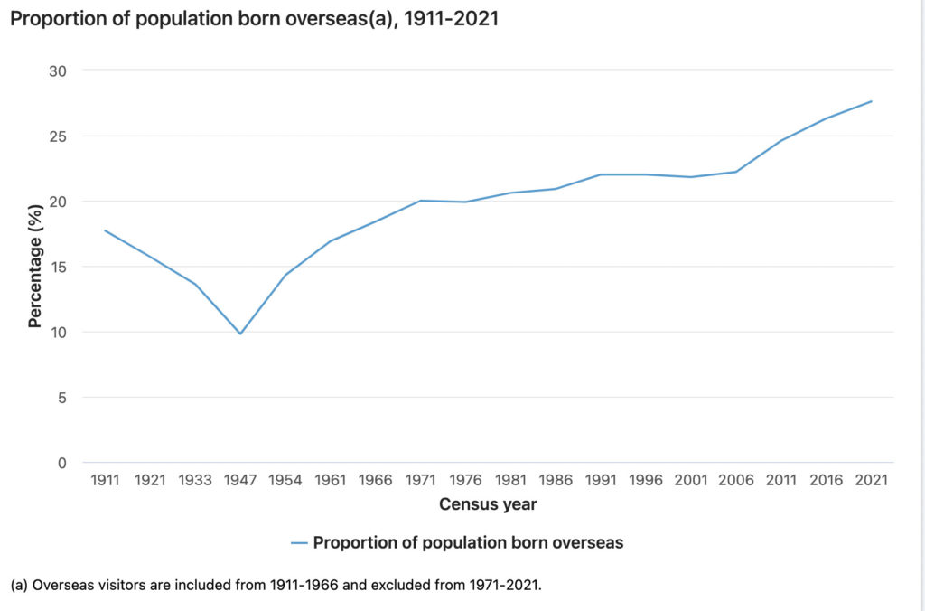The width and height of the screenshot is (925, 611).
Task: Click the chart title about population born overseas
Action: pos(254,18)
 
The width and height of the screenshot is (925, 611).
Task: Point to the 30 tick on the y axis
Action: pos(62,70)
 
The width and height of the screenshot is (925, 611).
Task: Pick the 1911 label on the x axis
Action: pos(106,481)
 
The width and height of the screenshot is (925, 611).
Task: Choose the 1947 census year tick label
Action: pos(240,481)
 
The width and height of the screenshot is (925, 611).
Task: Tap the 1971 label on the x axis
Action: pos(421,481)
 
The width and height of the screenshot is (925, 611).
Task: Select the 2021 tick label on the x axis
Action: pos(871,481)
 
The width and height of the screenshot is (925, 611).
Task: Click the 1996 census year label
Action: pos(646,481)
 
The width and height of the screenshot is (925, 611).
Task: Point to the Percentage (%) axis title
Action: pos(35,267)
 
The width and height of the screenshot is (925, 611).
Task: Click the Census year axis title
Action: pos(488,504)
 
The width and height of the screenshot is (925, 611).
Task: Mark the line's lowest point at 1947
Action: pos(240,334)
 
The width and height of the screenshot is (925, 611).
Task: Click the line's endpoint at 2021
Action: pos(871,101)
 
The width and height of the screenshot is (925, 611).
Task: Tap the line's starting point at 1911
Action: pos(106,230)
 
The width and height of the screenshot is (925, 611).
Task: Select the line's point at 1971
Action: pos(421,201)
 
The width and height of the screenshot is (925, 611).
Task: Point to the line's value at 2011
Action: pos(780,140)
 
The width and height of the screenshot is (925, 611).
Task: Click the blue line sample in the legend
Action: pos(300,543)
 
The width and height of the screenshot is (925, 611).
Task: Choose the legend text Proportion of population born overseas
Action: pos(468,543)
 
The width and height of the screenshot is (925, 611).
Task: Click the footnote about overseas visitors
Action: pos(276,585)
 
